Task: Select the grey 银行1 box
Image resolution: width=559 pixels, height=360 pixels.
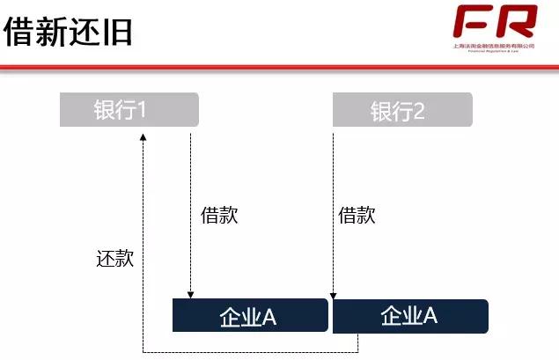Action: tap(129, 110)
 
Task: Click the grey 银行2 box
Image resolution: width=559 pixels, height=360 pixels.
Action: tap(401, 111)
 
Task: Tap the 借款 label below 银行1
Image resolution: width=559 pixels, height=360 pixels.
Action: tap(219, 216)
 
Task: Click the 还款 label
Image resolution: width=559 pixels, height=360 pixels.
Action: tap(114, 259)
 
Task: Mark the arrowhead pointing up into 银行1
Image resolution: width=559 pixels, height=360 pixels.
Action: tap(143, 134)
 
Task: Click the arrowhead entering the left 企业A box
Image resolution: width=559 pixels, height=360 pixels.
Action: tap(190, 295)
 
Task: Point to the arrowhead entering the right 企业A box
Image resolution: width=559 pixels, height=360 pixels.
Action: tap(333, 295)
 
